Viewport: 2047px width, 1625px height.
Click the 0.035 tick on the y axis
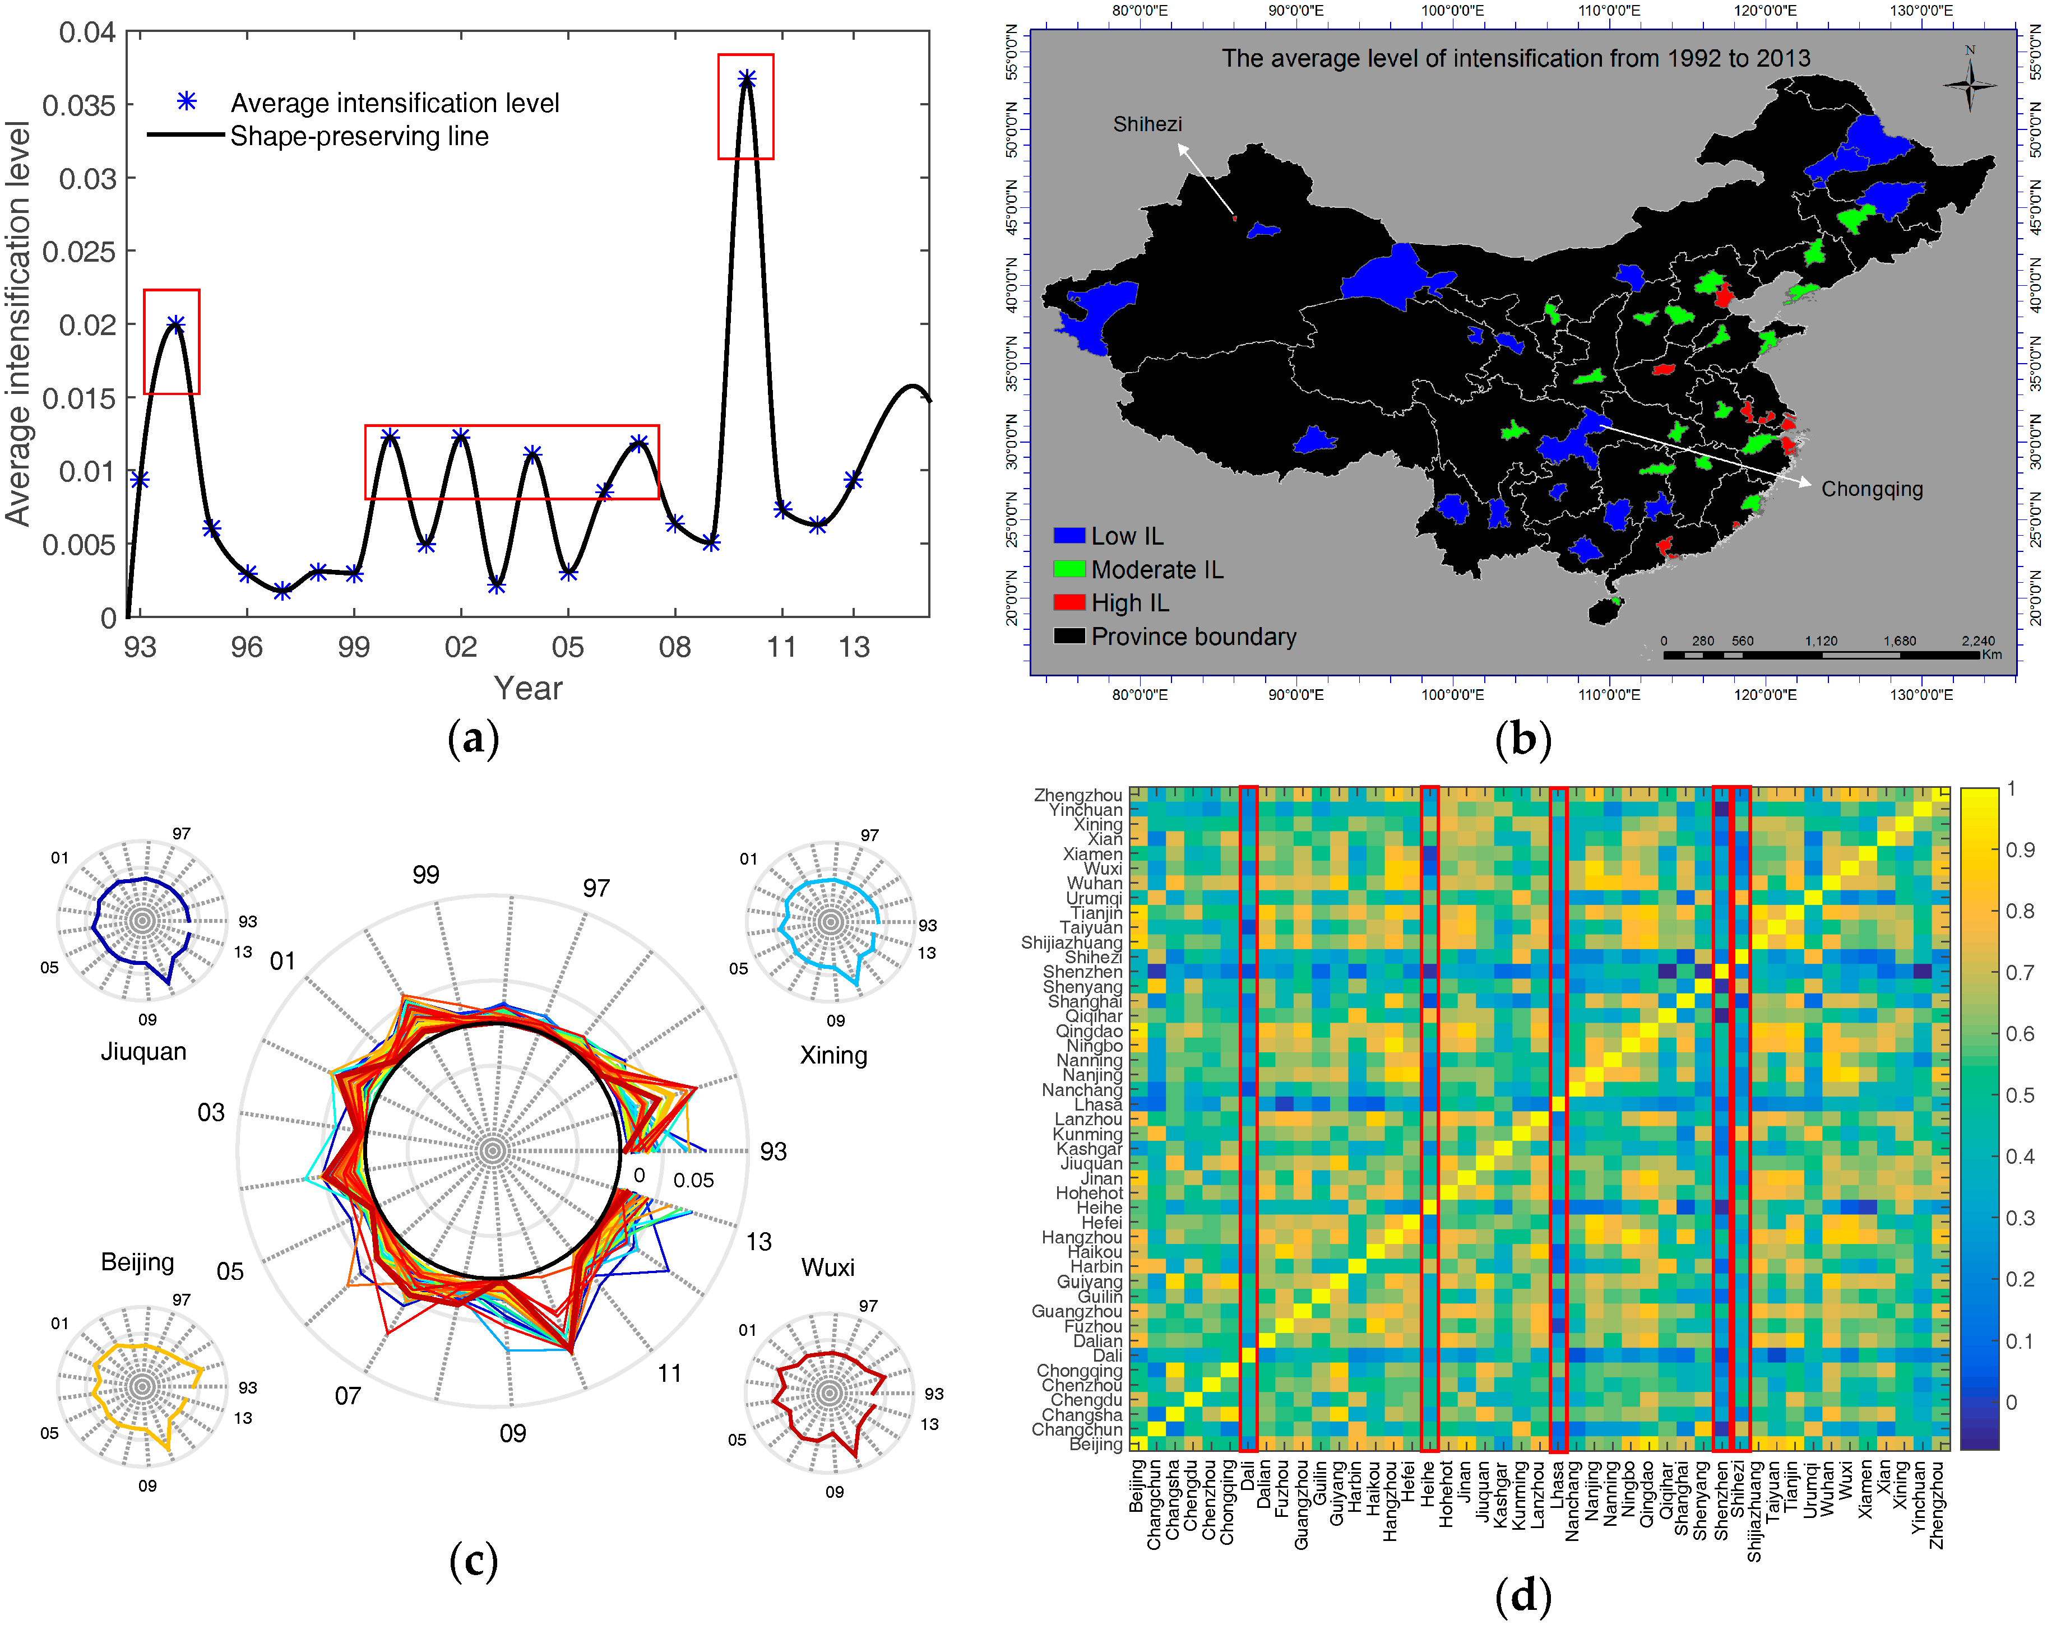(x=79, y=105)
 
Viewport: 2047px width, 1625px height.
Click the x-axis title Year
(x=528, y=688)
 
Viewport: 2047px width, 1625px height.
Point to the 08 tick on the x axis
(x=674, y=647)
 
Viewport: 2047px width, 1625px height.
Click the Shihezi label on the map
(x=1147, y=124)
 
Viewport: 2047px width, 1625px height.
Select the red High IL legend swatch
(x=1069, y=603)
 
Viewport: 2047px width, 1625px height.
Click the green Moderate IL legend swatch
(x=1069, y=569)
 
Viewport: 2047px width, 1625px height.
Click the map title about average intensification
(x=1515, y=59)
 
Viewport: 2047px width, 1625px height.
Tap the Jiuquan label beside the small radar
(x=143, y=1052)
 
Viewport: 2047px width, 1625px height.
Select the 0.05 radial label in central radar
(x=693, y=1180)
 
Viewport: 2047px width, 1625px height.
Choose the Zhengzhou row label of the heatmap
(x=1078, y=796)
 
